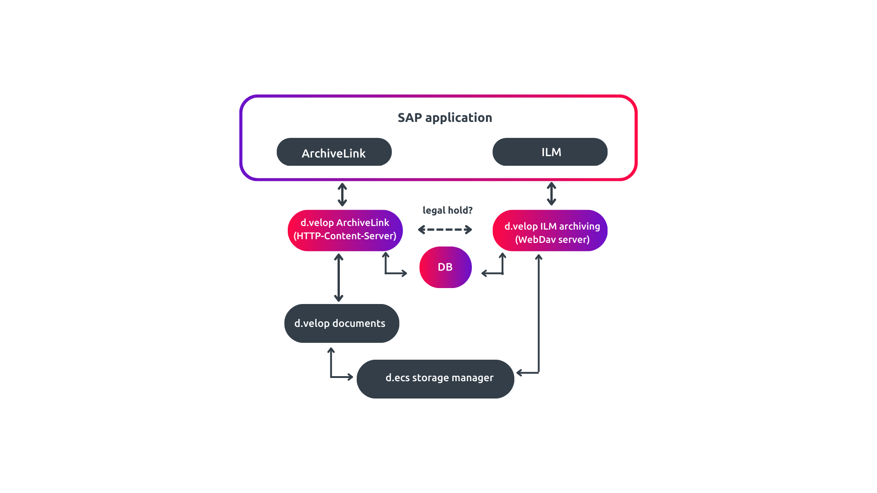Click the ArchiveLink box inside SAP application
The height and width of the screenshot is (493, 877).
[x=334, y=152]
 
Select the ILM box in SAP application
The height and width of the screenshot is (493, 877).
[x=550, y=152]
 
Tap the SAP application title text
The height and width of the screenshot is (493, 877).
[x=444, y=118]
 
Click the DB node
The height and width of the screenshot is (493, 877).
[x=445, y=267]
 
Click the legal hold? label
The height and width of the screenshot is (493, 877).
[x=447, y=210]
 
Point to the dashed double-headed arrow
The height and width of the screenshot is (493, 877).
[x=445, y=230]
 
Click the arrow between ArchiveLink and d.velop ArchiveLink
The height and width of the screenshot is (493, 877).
[x=342, y=194]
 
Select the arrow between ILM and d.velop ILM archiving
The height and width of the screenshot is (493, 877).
[x=551, y=194]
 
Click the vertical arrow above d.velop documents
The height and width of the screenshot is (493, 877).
[x=338, y=278]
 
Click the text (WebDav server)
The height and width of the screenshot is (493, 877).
[x=552, y=240]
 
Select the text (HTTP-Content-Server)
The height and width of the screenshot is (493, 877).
[x=345, y=236]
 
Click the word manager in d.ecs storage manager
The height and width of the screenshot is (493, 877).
[x=472, y=378]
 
